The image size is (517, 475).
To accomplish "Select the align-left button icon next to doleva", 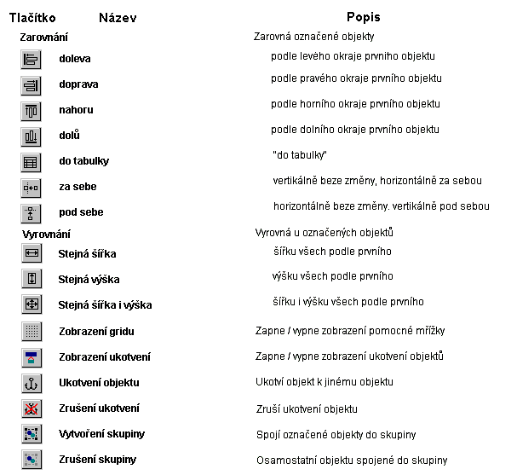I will pos(31,60).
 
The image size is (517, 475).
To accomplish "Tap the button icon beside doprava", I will pos(31,85).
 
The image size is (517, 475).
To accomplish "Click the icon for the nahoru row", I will pos(31,111).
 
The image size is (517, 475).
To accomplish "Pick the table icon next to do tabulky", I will pos(31,162).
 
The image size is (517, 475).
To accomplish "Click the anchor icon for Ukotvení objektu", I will pos(31,383).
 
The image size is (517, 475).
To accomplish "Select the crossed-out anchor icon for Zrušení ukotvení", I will pos(31,408).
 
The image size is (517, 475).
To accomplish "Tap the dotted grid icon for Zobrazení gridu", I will pos(31,331).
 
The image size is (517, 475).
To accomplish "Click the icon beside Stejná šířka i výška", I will pos(31,304).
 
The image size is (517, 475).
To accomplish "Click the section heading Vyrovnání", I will pos(46,234).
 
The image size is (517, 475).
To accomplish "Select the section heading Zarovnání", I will pos(44,38).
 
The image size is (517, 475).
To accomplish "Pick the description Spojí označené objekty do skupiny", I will pos(336,435).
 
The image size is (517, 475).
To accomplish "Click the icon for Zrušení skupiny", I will pos(31,460).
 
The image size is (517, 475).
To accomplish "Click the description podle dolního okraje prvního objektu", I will pos(354,130).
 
